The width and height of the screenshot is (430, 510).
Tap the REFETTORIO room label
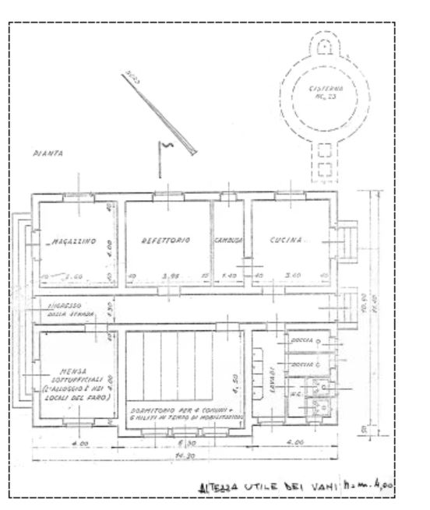pos(166,241)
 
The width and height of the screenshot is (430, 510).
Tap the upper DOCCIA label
pos(301,341)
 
